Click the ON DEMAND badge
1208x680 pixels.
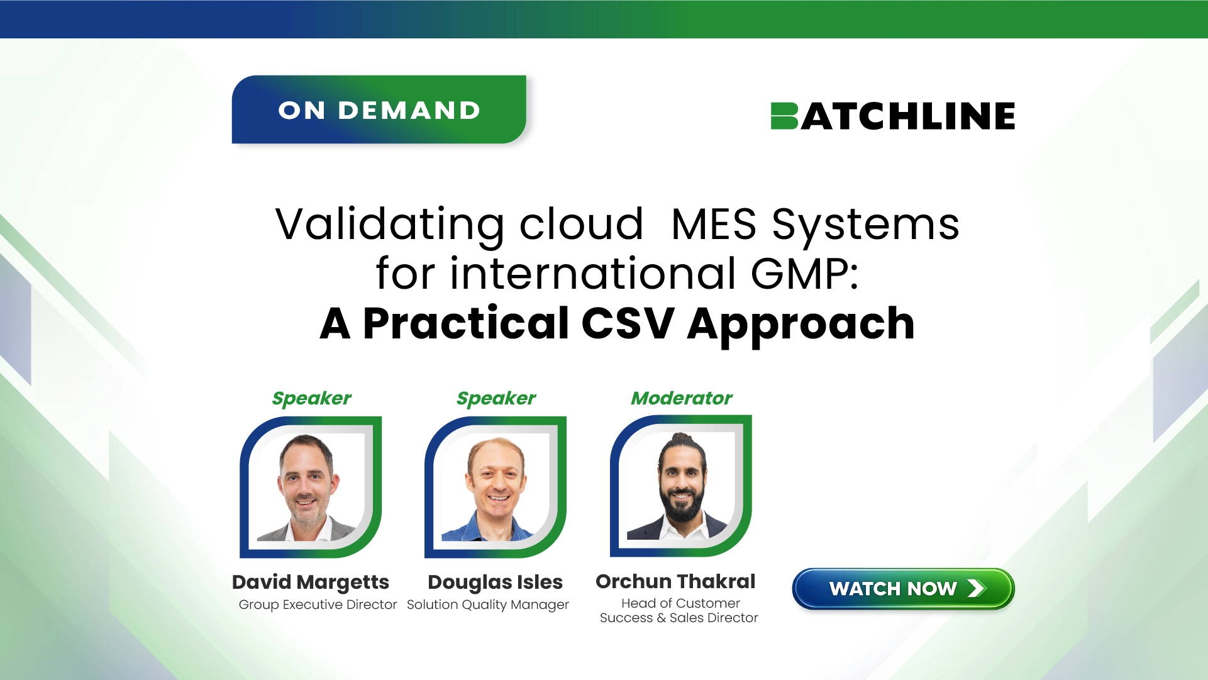click(x=379, y=109)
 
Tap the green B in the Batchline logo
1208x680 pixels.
click(x=784, y=116)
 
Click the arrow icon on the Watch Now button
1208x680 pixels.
click(x=976, y=588)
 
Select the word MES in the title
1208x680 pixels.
click(x=714, y=224)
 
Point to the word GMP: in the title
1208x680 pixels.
click(x=805, y=274)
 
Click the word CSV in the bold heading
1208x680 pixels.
click(x=628, y=323)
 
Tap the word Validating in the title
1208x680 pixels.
click(x=390, y=225)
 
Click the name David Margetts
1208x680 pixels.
click(x=311, y=582)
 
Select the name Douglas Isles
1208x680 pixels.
click(x=496, y=582)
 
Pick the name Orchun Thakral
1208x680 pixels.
click(x=675, y=581)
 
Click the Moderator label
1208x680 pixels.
click(x=682, y=398)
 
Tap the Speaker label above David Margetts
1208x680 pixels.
click(x=311, y=399)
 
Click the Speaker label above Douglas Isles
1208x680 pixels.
click(x=496, y=399)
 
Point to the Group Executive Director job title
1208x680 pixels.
click(x=318, y=605)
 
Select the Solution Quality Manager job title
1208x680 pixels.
click(x=488, y=605)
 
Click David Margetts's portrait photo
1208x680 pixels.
click(x=311, y=487)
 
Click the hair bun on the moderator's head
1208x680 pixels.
click(x=680, y=438)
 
